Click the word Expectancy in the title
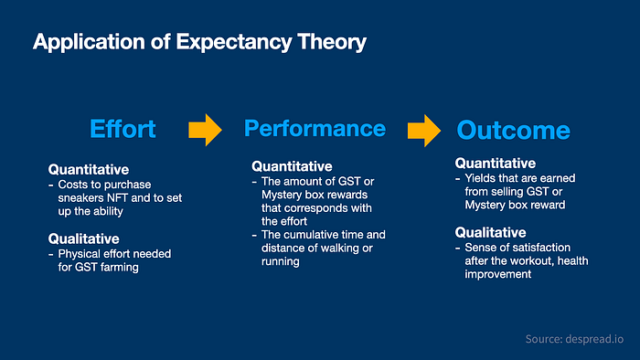click(234, 42)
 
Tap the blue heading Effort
click(123, 129)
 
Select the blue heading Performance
click(315, 129)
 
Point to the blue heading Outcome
click(513, 130)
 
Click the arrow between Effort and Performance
click(206, 130)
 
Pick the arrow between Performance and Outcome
click(424, 131)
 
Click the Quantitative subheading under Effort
click(89, 170)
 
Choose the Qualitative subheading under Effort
click(84, 238)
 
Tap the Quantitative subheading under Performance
click(292, 166)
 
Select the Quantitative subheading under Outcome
click(496, 164)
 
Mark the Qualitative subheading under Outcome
click(490, 233)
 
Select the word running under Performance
click(281, 261)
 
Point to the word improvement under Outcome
click(498, 274)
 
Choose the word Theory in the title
click(332, 42)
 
